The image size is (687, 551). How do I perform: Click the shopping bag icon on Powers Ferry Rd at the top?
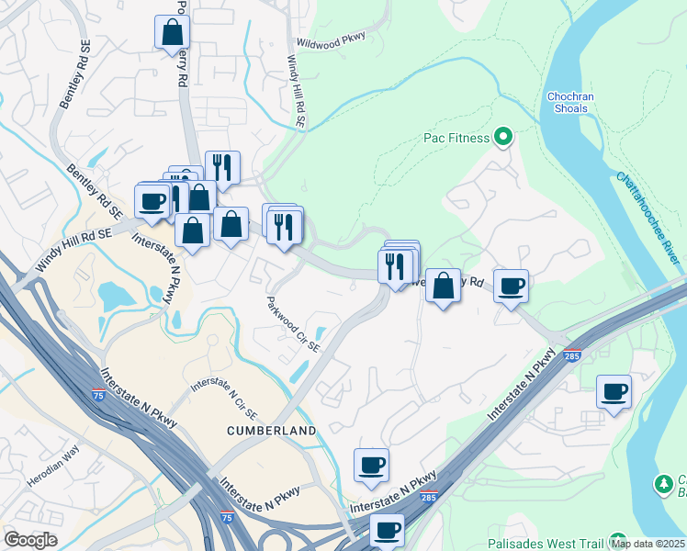coord(172,34)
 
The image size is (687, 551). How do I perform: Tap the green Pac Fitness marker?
coord(502,139)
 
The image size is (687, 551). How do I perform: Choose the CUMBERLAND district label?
coord(274,430)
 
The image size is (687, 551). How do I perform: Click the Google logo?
coord(30,540)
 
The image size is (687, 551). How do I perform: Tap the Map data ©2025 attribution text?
coord(648,544)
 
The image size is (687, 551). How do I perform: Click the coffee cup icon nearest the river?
coord(614,392)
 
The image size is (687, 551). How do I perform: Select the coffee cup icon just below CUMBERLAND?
coord(371,465)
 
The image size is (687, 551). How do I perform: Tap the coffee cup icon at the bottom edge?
coord(388,530)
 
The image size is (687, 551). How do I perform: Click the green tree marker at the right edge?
coord(663,483)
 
